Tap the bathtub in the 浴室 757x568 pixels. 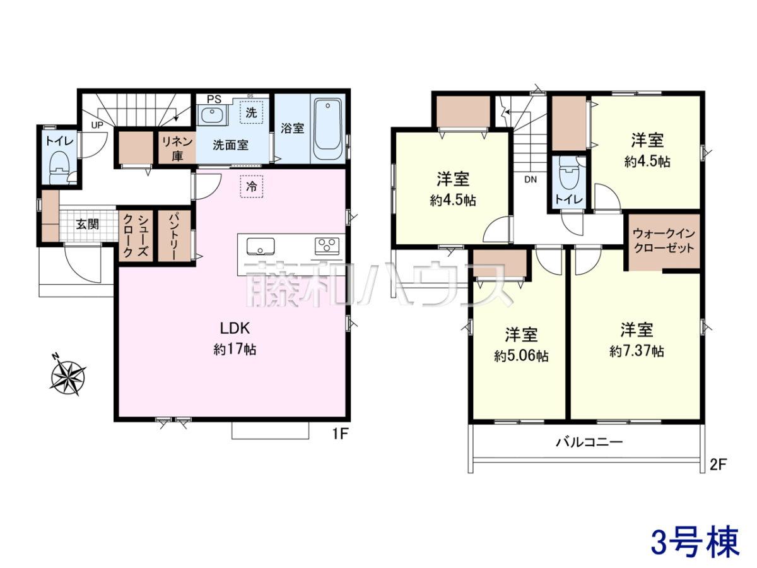point(328,129)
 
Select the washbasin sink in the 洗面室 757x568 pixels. point(212,115)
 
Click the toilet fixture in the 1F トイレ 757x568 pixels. point(60,167)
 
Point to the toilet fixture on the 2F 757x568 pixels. point(569,172)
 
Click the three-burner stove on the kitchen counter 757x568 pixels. point(327,247)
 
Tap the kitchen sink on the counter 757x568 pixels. point(261,247)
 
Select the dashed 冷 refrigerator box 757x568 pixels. point(252,187)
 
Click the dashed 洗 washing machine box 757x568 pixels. point(252,112)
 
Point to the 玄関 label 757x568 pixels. point(88,224)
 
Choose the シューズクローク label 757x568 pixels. point(136,236)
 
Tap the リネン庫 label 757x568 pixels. point(177,149)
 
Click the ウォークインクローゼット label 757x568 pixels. point(664,240)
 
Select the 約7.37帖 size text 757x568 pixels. point(637,352)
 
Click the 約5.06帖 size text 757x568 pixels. point(521,355)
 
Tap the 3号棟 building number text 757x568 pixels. point(695,542)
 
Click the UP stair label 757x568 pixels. point(97,125)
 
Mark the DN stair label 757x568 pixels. point(531,179)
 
